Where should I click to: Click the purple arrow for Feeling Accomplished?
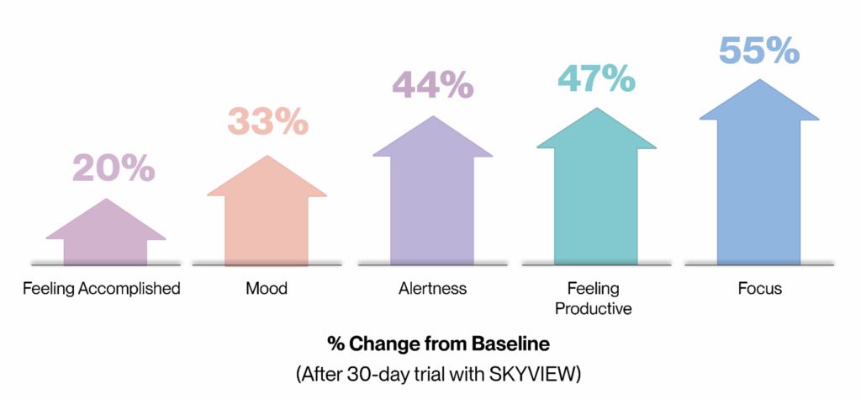pos(105,236)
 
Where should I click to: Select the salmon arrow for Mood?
pos(267,215)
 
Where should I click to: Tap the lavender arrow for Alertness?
pos(432,198)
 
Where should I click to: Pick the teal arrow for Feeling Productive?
pos(596,189)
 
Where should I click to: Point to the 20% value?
pos(114,168)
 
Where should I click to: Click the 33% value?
pos(268,123)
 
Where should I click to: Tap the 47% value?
pos(595,77)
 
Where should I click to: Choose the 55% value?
pos(758,50)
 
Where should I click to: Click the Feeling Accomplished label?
pos(102,289)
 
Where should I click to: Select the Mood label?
pos(267,289)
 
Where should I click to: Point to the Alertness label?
pos(432,289)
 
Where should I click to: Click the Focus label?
pos(760,289)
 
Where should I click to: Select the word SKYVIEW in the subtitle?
pos(525,371)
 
